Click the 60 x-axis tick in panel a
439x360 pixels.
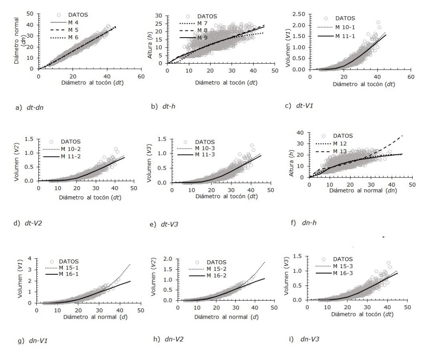(x=141, y=76)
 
